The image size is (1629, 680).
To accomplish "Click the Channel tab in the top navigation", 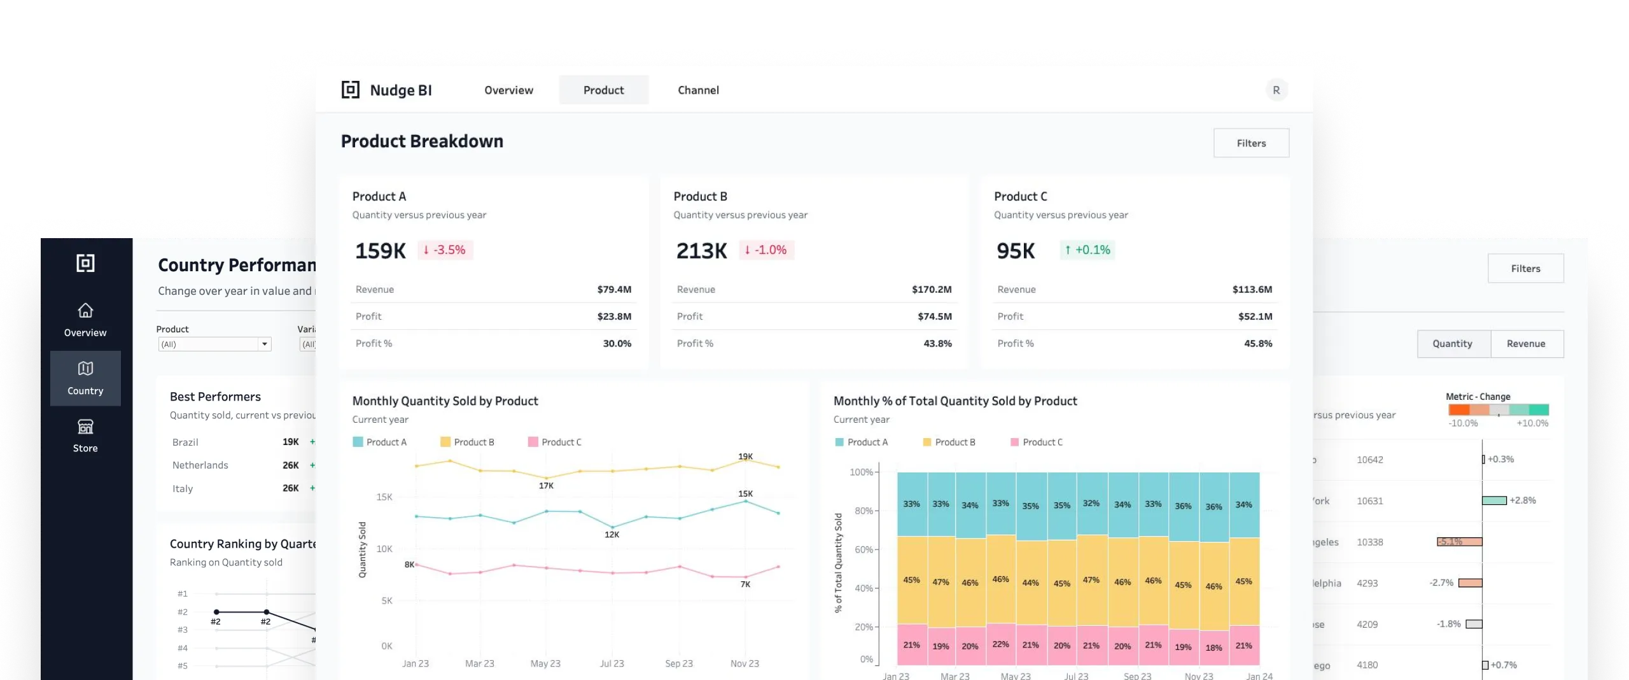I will coord(698,90).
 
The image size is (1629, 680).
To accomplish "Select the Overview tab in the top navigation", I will coord(508,90).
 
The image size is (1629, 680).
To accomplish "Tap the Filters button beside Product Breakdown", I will coord(1251,143).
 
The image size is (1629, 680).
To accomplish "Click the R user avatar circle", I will coord(1276,90).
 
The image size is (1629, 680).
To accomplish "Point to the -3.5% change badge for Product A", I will coord(445,250).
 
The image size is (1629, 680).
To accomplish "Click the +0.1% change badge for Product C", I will coord(1087,250).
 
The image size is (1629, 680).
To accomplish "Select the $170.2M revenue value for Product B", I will coord(932,290).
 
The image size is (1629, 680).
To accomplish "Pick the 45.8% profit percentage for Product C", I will coord(1258,344).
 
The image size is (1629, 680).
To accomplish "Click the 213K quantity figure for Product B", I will coord(701,251).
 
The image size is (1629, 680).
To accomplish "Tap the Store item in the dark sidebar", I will coord(85,436).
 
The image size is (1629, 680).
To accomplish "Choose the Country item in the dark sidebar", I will coord(85,378).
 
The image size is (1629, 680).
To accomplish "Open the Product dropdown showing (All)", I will coord(214,344).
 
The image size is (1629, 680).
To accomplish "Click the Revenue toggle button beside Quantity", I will coord(1526,344).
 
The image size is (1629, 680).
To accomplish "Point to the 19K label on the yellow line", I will coord(745,457).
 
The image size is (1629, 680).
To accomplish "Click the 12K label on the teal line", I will coord(612,535).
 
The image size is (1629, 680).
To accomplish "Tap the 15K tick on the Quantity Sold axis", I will coord(384,497).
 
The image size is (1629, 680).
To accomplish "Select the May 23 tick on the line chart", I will coord(545,663).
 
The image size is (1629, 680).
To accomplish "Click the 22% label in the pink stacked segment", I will coord(1000,644).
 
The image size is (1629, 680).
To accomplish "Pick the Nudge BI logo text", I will coord(401,90).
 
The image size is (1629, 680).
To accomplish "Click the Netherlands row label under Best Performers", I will coord(200,465).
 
